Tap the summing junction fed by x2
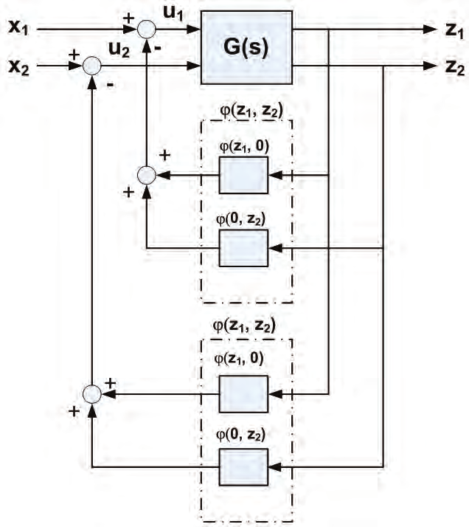click(x=91, y=66)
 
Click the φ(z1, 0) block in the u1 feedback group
click(x=243, y=175)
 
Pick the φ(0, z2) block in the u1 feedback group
click(x=243, y=247)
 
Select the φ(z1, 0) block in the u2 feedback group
click(x=243, y=394)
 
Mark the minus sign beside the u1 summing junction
click(x=160, y=46)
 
